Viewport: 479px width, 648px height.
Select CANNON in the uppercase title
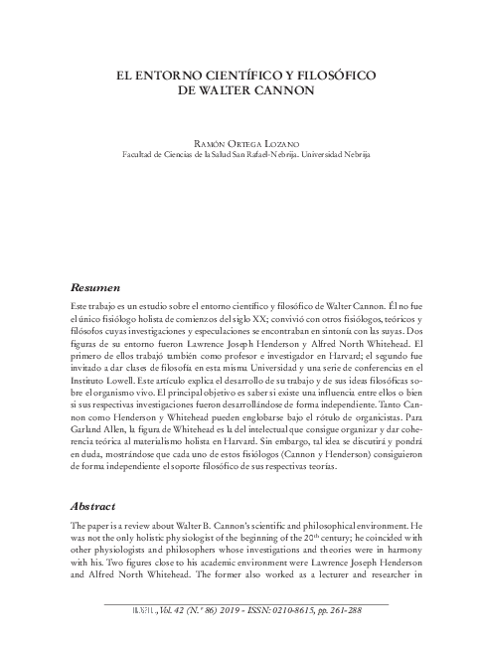pyautogui.click(x=279, y=89)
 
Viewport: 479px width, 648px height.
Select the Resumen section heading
pyautogui.click(x=96, y=286)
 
